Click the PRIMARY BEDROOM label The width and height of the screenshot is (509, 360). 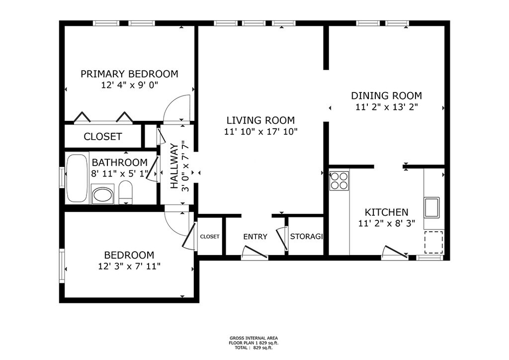[129, 74]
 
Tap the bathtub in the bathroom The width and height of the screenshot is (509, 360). [77, 178]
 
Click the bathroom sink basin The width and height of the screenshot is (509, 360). [102, 195]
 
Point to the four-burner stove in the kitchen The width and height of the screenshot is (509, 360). [339, 181]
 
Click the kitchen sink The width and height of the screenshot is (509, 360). [432, 208]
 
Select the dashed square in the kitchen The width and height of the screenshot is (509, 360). [433, 242]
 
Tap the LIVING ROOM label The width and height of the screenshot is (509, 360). [260, 120]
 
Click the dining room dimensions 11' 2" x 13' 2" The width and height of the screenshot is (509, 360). [386, 107]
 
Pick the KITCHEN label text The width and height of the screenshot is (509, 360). [386, 212]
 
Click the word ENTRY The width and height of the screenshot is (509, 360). [255, 237]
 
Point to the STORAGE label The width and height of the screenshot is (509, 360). [306, 236]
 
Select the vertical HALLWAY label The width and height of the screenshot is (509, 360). [174, 166]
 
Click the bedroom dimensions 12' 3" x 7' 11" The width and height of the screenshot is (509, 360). [129, 267]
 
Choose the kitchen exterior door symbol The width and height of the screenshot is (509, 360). [395, 252]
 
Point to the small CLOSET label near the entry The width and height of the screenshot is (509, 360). [210, 237]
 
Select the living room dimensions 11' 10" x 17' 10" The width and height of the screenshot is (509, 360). [260, 132]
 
